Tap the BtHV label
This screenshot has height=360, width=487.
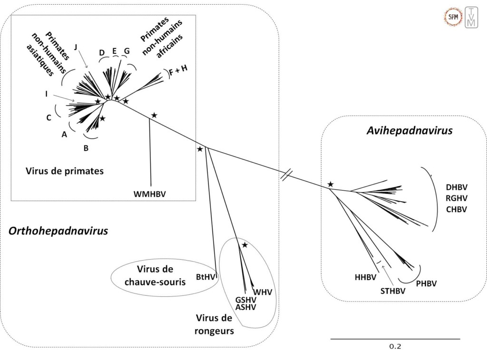[x=205, y=275]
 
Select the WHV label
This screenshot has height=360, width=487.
[x=263, y=292]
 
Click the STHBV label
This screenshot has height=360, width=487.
[x=392, y=291]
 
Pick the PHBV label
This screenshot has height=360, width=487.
[x=426, y=284]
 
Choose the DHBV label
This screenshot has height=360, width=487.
[x=456, y=188]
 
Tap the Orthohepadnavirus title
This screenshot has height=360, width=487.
[x=58, y=231]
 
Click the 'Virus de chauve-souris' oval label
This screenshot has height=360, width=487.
[x=155, y=276]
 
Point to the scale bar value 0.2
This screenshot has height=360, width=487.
[x=395, y=346]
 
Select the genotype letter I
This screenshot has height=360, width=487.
[x=46, y=94]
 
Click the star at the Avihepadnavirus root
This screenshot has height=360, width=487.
[x=330, y=184]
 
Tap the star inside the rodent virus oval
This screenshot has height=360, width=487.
[x=244, y=245]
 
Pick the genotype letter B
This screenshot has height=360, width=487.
[x=86, y=148]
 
